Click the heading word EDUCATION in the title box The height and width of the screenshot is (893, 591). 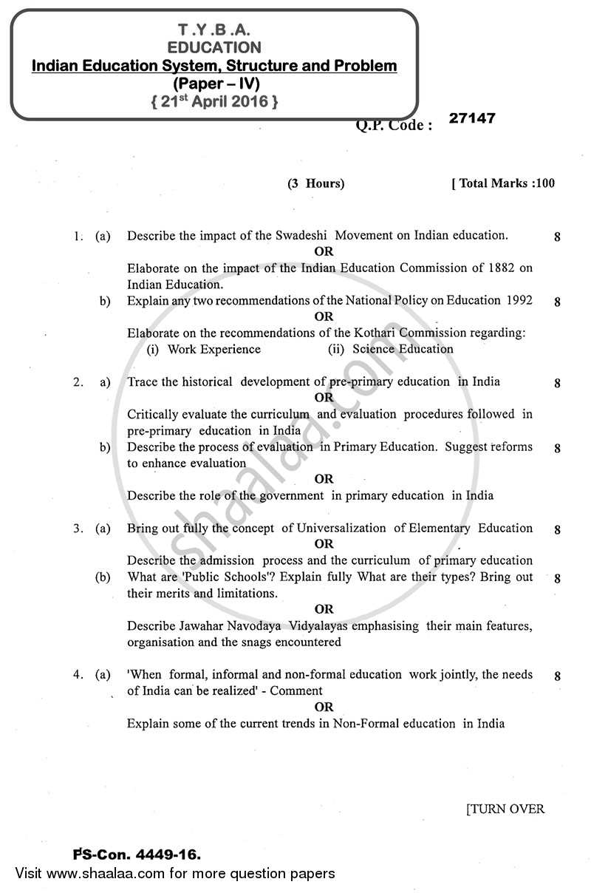click(214, 47)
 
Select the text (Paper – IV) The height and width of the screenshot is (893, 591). click(214, 84)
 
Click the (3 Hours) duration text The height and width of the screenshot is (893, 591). click(315, 184)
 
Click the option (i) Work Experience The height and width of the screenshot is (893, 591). click(203, 349)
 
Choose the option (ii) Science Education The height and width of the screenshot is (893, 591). click(391, 349)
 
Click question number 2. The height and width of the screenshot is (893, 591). click(77, 382)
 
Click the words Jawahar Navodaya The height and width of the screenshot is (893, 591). click(214, 625)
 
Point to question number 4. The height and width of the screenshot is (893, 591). click(77, 674)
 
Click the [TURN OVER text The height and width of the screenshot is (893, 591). click(505, 809)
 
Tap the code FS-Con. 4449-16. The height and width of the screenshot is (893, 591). click(137, 855)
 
